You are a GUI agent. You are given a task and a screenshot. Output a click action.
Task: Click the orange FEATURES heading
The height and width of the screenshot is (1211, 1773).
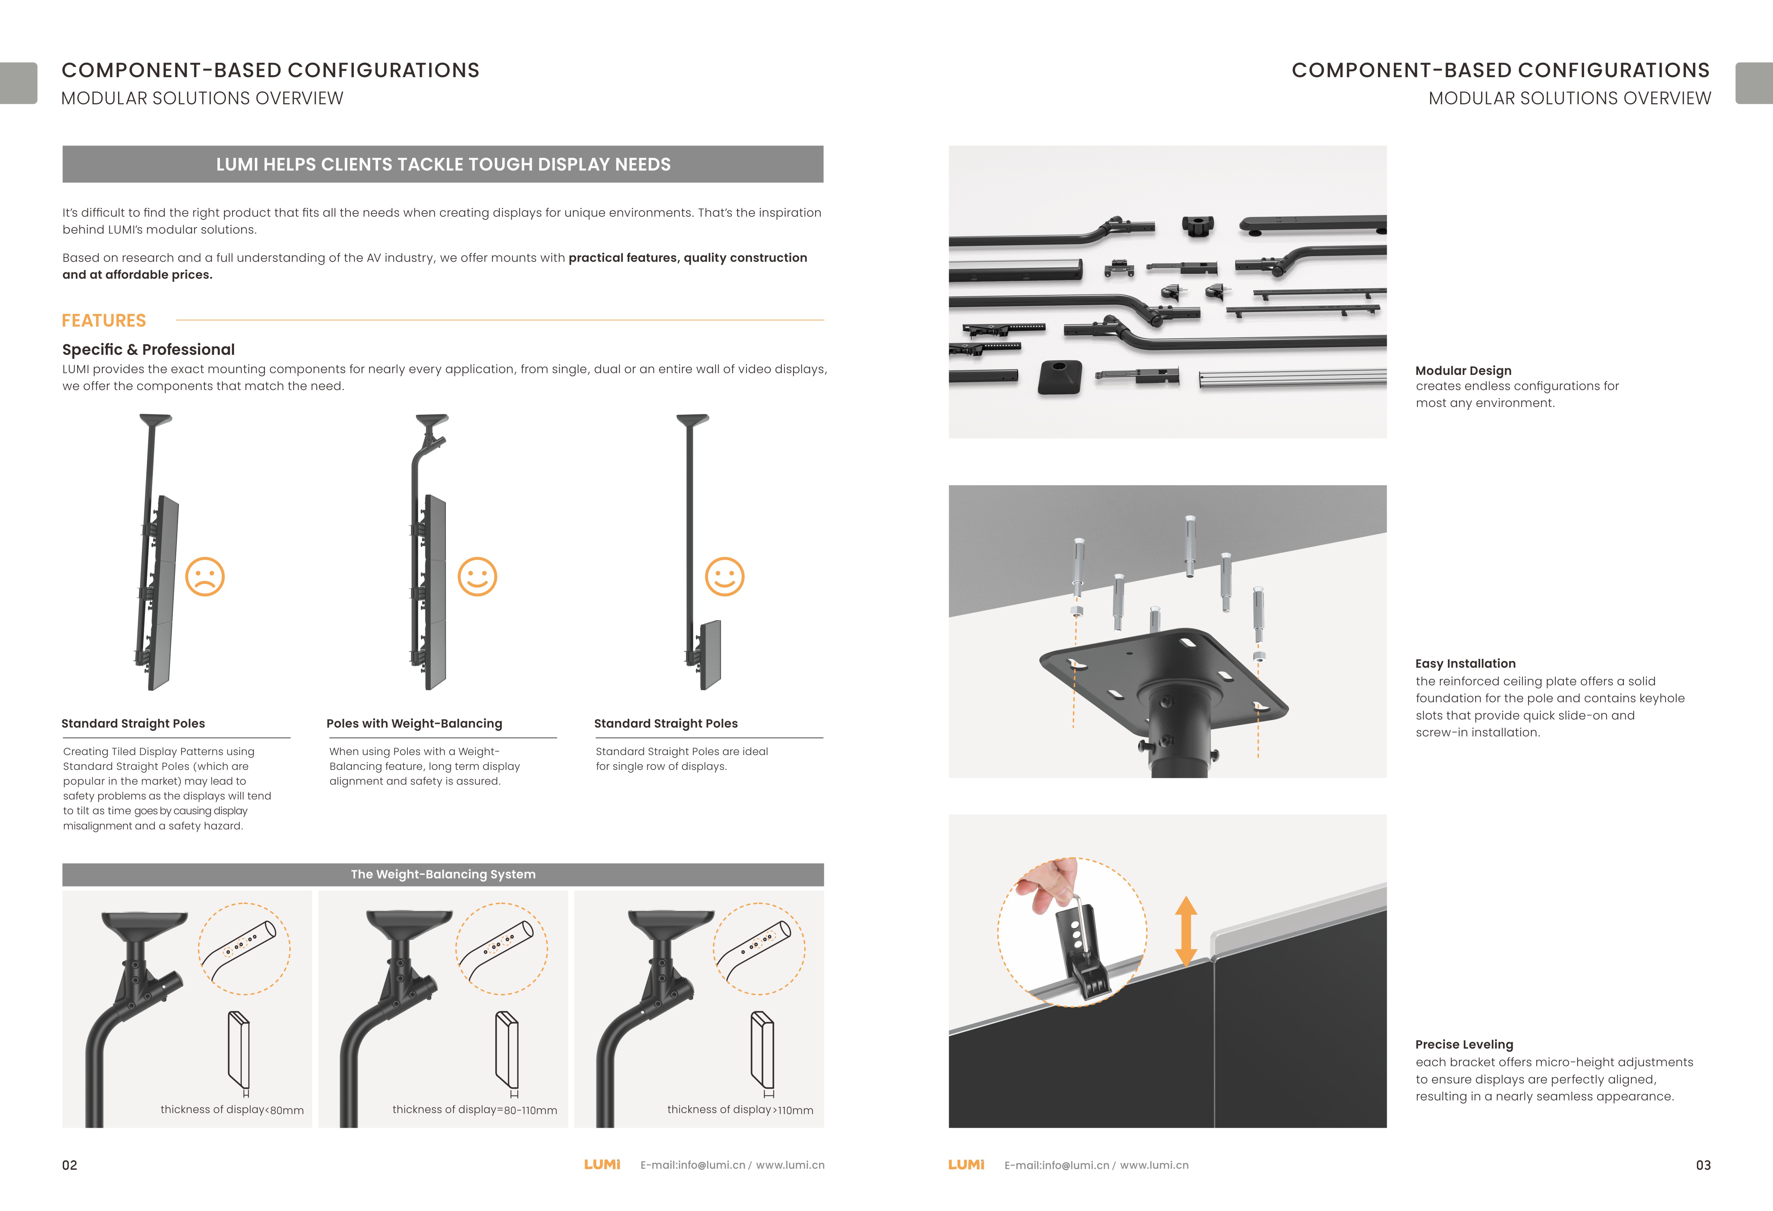(x=104, y=320)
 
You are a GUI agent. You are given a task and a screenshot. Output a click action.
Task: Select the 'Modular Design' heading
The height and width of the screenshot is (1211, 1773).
(x=1463, y=371)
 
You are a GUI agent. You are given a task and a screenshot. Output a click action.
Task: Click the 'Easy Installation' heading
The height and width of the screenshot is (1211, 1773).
(x=1465, y=663)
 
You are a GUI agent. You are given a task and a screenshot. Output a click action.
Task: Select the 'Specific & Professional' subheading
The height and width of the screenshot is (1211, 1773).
(x=148, y=349)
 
